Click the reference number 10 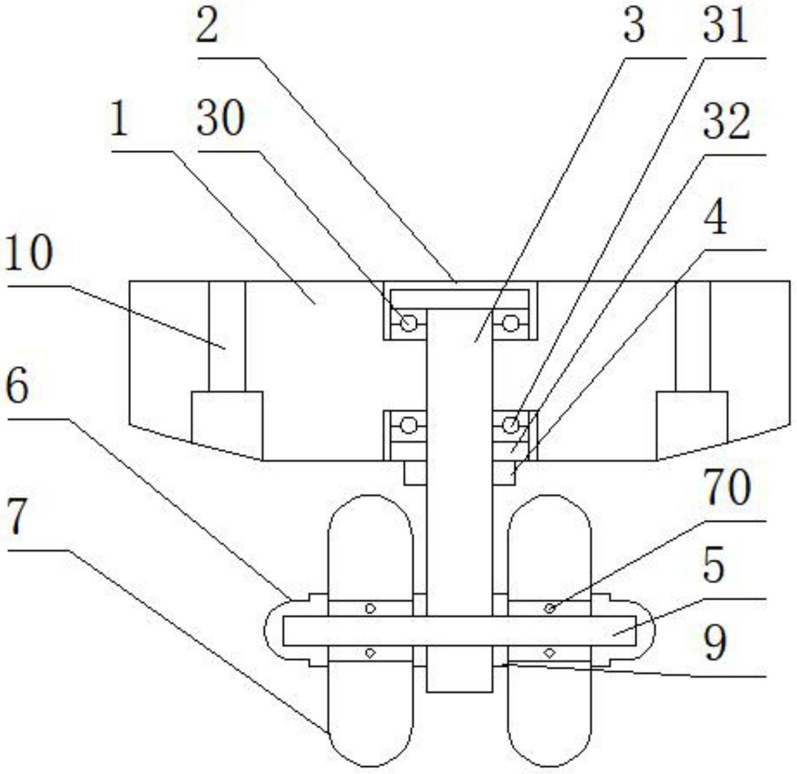click(x=29, y=254)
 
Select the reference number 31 click(x=725, y=27)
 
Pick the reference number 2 click(x=207, y=27)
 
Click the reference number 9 click(x=715, y=644)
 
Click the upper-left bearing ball click(x=408, y=323)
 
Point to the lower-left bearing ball click(x=408, y=425)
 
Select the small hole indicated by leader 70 click(x=549, y=608)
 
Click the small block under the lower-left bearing click(x=415, y=473)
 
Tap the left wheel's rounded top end click(x=370, y=506)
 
